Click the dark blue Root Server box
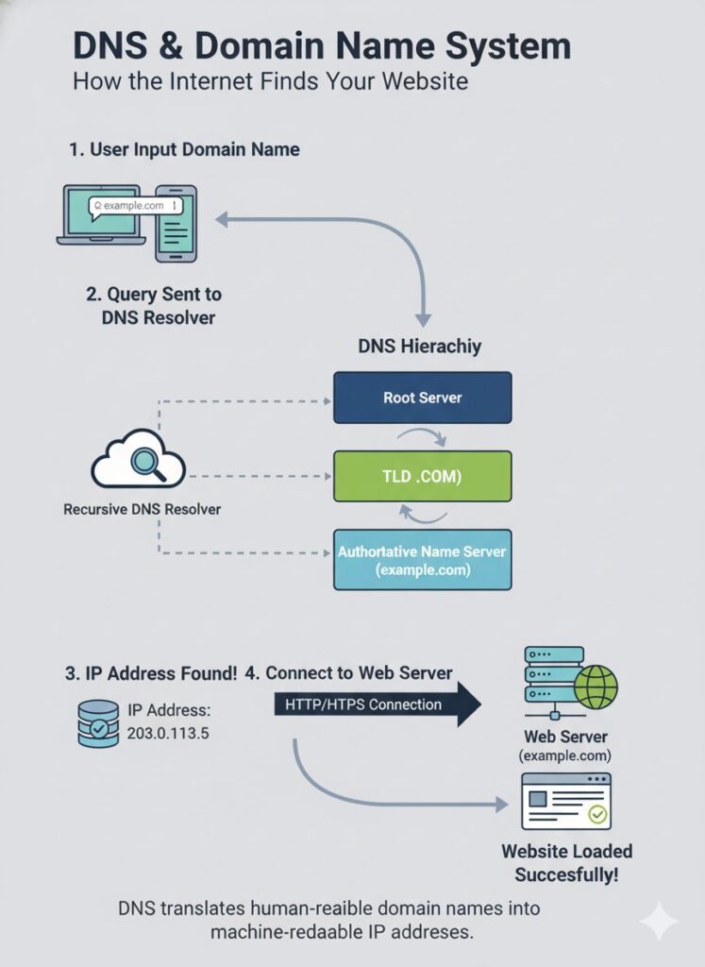coord(422,398)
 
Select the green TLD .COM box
coord(422,476)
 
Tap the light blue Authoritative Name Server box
coord(422,559)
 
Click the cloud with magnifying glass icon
coord(138,461)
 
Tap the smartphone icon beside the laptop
coord(176,223)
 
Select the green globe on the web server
coord(596,687)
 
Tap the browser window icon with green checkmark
coord(566,803)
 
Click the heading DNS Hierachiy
coord(420,346)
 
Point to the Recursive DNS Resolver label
coord(142,509)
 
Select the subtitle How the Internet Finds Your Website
coord(270,80)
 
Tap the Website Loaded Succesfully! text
coord(566,863)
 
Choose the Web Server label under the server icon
coord(566,737)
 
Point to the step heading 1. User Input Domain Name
coord(185,149)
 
